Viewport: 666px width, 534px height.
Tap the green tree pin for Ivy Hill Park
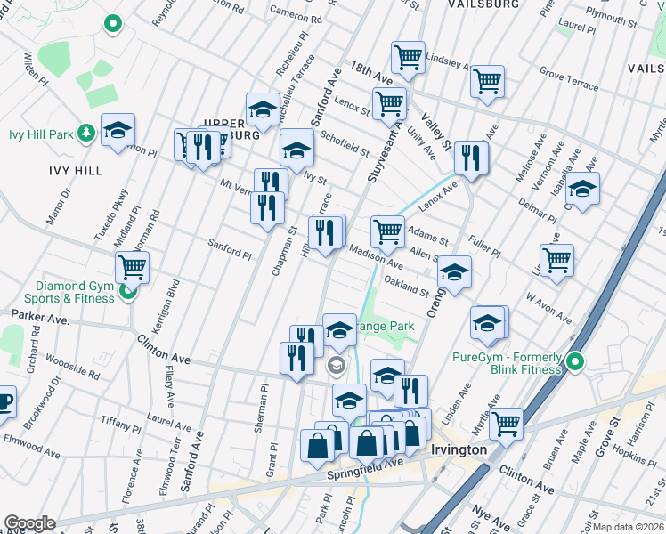pos(86,133)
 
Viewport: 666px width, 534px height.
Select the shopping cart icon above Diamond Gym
pos(132,265)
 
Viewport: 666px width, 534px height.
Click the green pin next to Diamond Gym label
pos(128,291)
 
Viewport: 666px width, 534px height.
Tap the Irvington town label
pos(459,449)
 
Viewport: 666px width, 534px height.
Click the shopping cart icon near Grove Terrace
pos(487,81)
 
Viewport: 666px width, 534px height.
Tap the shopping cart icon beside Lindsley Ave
pos(407,57)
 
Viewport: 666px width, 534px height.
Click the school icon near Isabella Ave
pos(582,189)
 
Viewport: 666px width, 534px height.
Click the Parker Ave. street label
pos(40,317)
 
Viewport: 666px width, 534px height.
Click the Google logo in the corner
pos(28,523)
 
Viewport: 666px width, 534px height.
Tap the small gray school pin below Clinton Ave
pos(337,364)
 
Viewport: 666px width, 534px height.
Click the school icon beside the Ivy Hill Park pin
pos(118,130)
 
